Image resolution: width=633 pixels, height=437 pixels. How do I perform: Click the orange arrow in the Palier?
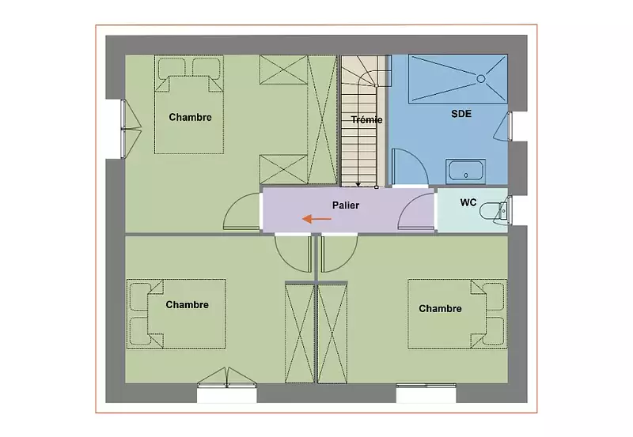click(317, 219)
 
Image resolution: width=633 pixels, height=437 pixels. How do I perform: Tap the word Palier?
click(346, 205)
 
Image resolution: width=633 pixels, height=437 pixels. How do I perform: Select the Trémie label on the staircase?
click(366, 120)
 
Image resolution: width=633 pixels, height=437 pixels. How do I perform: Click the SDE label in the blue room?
click(461, 114)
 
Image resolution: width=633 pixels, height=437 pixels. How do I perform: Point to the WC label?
click(468, 202)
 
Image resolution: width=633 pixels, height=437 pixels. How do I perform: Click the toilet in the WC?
click(495, 211)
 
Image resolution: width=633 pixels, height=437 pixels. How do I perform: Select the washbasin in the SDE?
click(465, 171)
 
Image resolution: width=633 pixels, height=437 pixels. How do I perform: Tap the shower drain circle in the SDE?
click(481, 79)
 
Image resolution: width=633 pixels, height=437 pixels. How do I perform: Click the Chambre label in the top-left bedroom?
click(190, 117)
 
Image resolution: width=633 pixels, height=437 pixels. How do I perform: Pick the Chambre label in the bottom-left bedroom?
click(187, 305)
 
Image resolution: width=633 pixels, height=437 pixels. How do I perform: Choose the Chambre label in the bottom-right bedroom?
click(440, 309)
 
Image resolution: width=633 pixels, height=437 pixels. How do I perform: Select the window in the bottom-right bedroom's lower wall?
click(426, 386)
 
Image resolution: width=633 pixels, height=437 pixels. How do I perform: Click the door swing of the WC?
click(416, 212)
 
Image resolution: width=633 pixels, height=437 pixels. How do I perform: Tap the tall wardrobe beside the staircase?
click(322, 120)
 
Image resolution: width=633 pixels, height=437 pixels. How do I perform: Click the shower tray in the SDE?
click(458, 79)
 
